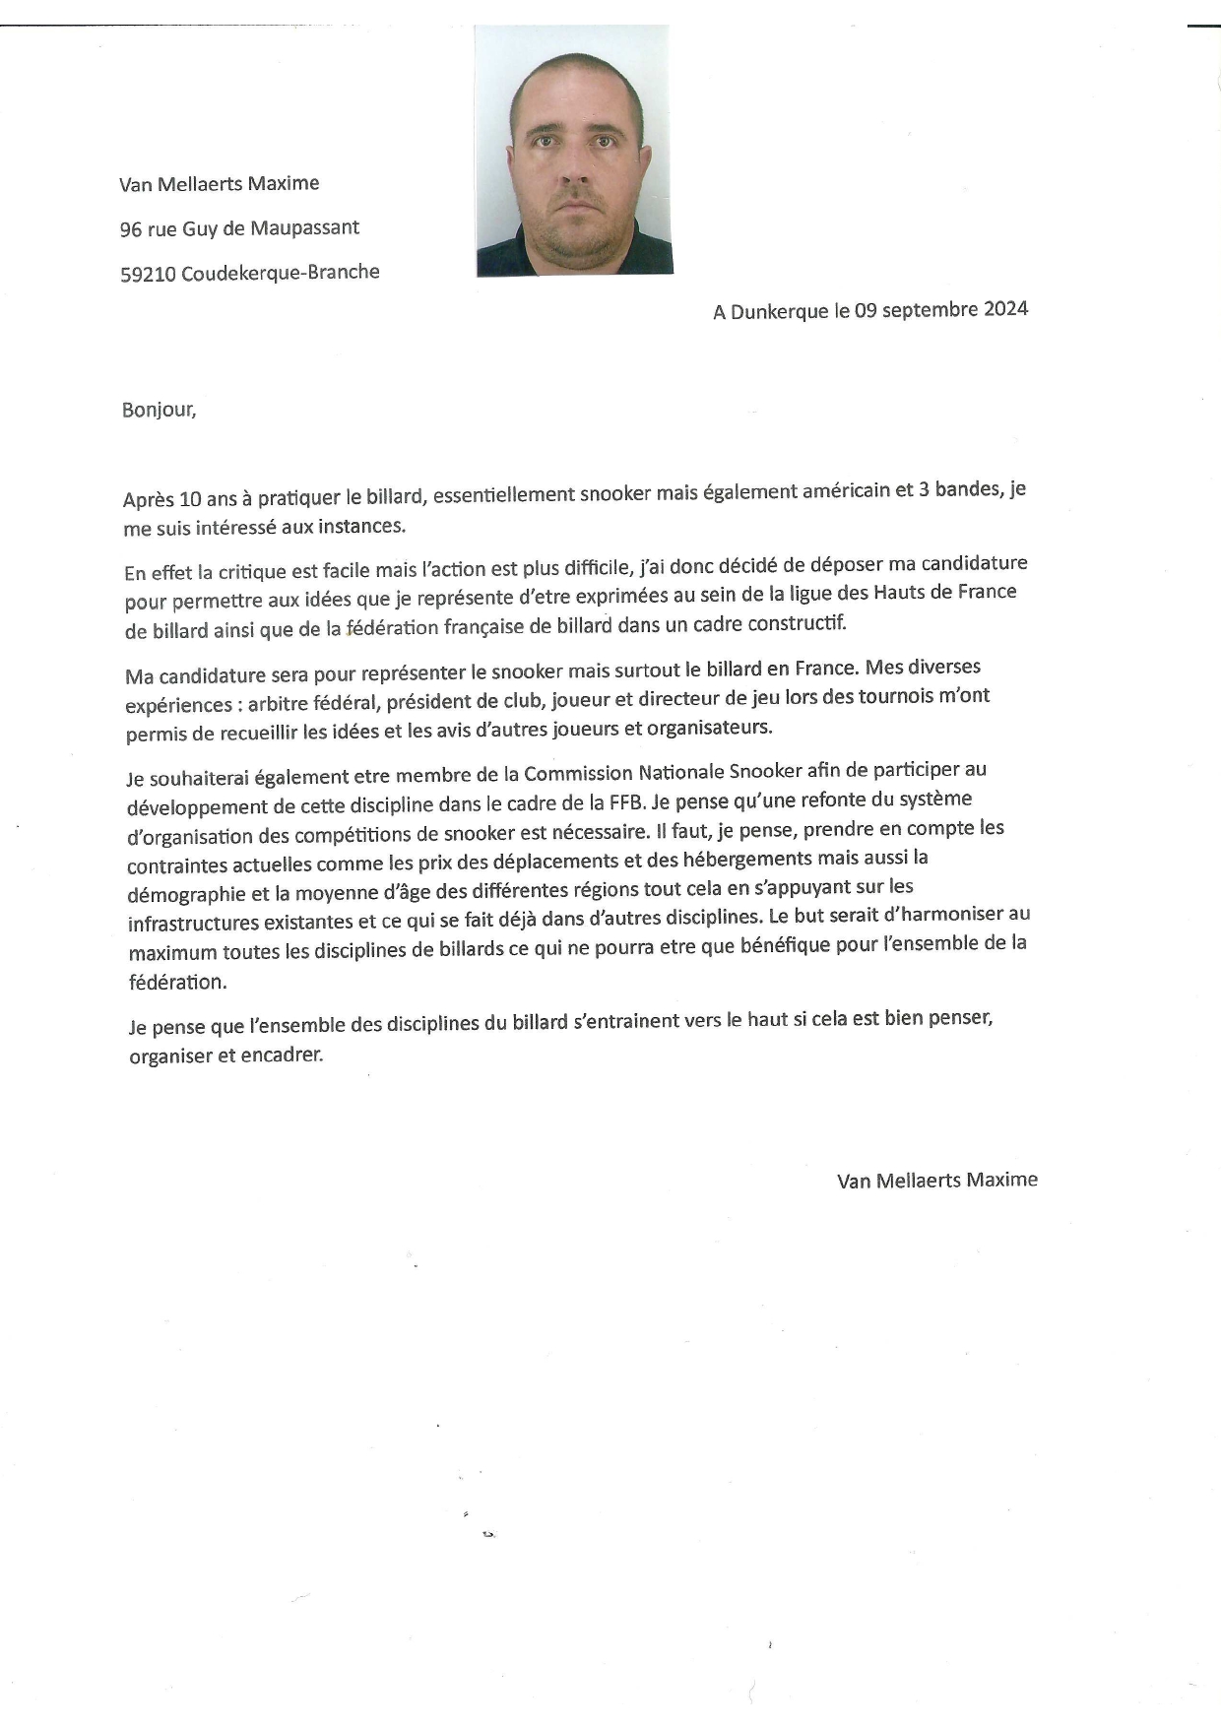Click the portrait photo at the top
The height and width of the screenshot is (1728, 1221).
point(574,151)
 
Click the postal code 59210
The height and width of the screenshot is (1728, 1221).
point(148,275)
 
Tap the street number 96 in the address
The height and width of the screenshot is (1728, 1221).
point(131,229)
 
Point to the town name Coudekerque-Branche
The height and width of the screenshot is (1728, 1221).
point(281,273)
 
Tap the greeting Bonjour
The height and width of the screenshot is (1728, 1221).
point(159,410)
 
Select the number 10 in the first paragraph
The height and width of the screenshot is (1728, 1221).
point(190,499)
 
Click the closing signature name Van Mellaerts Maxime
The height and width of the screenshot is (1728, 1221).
point(936,1180)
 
